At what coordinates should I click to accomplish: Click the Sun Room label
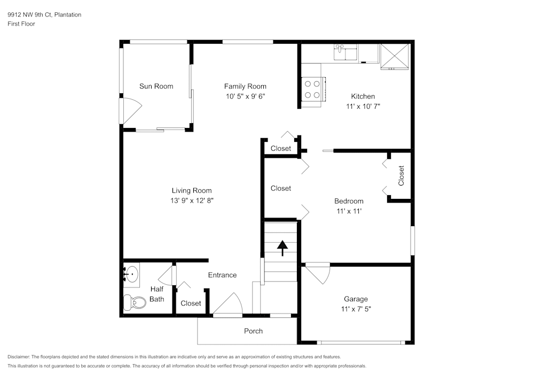coord(156,86)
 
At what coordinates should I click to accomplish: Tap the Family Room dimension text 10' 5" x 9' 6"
coord(245,97)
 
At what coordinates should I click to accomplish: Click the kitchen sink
coord(340,52)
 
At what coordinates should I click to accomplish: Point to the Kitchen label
coord(363,97)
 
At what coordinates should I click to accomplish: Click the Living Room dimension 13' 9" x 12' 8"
coord(192,200)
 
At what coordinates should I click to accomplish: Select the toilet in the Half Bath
coord(133,303)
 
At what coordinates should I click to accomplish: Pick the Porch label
coord(253,331)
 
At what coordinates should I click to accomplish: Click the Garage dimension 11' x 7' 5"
coord(356,309)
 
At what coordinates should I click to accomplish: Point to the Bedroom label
coord(349,201)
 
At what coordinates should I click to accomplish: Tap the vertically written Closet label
coord(401,175)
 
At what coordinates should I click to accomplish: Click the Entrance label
coord(222,275)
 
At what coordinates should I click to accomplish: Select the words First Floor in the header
coord(21,24)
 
